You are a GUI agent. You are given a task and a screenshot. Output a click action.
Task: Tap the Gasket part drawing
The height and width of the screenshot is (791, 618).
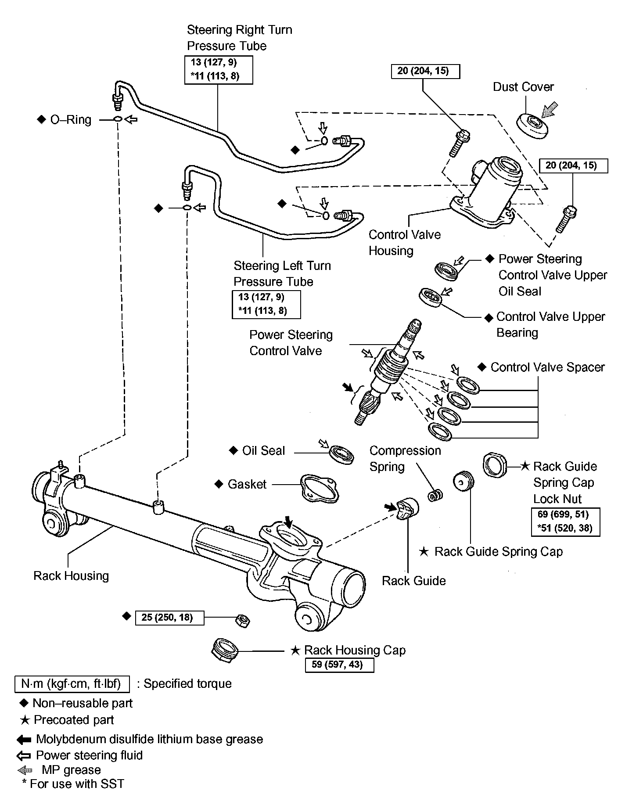click(320, 488)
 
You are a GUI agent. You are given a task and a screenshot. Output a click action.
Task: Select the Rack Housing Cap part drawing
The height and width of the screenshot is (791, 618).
click(225, 651)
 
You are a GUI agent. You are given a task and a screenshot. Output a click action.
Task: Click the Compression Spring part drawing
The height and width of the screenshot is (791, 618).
click(435, 495)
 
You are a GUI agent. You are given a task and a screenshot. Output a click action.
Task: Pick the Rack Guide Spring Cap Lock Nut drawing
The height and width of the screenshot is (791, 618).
click(495, 465)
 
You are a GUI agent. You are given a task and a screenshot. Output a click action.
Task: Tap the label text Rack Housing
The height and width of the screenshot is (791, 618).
click(71, 576)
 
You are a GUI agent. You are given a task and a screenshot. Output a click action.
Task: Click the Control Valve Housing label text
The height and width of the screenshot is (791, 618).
click(404, 242)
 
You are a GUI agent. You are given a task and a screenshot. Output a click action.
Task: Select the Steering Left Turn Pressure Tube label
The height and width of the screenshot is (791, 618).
click(282, 273)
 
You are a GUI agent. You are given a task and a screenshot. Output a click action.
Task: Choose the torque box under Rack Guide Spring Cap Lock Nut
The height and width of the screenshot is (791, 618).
click(565, 521)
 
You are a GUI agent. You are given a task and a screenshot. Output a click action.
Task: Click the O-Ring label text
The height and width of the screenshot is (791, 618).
click(71, 120)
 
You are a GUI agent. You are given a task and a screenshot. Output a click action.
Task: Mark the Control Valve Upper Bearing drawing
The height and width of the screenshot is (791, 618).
click(431, 298)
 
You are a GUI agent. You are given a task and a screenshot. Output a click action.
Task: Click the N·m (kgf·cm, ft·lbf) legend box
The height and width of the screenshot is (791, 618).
click(72, 684)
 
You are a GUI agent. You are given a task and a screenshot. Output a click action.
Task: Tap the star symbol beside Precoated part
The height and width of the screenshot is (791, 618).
click(25, 720)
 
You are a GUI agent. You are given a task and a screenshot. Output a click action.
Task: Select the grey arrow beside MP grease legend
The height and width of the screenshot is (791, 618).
click(25, 770)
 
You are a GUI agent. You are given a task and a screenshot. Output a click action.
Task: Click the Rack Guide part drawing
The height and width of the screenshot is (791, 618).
click(408, 509)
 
